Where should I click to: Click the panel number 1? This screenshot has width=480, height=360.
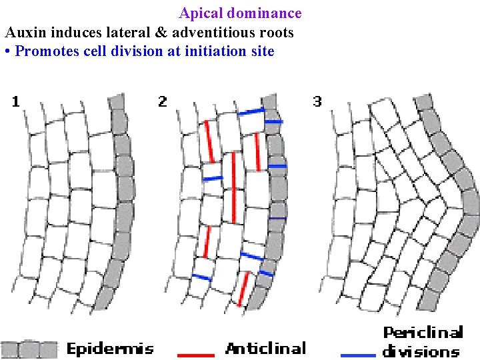[x=15, y=101]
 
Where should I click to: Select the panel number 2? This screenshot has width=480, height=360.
[x=162, y=101]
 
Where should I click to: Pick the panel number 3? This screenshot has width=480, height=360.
[x=317, y=101]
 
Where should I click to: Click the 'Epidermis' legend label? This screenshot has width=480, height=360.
[x=110, y=348]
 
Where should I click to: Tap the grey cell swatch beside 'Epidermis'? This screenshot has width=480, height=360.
[x=29, y=349]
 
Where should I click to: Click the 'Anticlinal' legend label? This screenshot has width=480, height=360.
[x=266, y=348]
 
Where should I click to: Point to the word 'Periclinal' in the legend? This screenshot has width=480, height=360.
[x=423, y=333]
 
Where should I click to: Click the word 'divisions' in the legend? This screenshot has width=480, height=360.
[x=421, y=351]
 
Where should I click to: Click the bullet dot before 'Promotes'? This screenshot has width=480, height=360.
[x=6, y=52]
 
